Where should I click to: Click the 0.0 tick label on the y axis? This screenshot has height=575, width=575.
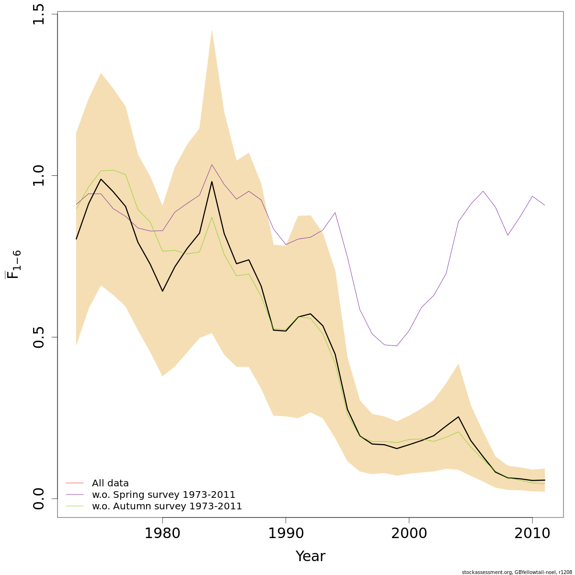39,498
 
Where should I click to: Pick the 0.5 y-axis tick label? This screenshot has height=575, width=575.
39,337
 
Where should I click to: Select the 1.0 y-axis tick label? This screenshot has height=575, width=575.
39,175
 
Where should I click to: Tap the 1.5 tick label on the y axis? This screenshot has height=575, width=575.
39,14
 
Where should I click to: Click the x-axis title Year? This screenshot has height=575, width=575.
310,556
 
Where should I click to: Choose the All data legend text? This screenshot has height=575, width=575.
110,483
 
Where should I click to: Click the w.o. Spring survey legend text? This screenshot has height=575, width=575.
163,494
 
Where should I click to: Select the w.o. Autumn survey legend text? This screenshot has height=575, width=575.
167,506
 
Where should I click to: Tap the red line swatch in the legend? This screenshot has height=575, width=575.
75,483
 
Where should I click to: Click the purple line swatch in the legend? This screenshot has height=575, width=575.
75,494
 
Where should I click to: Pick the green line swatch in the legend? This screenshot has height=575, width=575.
75,506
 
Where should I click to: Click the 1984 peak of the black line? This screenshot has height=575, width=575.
212,182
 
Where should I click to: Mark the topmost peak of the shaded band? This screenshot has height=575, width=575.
212,30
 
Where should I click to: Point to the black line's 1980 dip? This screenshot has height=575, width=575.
162,291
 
